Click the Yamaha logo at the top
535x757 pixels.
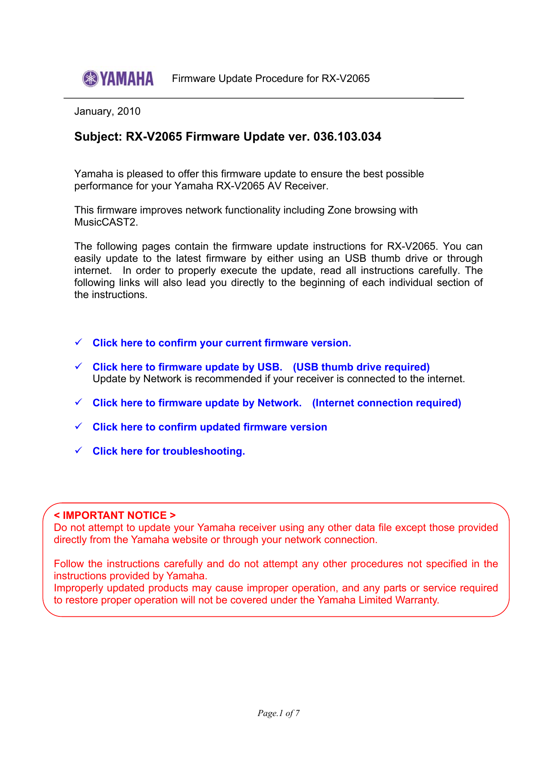tap(118, 79)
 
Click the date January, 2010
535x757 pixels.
tap(107, 111)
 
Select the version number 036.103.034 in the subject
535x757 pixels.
tap(347, 137)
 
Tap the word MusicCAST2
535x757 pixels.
tap(106, 222)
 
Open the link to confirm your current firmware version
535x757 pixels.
tap(222, 343)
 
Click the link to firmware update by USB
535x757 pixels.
tap(187, 367)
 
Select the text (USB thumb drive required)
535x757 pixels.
tap(361, 367)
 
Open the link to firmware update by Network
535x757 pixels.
tap(197, 403)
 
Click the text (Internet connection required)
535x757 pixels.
tap(386, 403)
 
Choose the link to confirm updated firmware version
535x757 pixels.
tap(210, 427)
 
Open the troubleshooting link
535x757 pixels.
tap(169, 451)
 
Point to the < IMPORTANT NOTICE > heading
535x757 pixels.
tap(115, 515)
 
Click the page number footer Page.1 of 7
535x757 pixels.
tap(278, 713)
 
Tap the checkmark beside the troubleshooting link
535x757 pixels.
tap(78, 450)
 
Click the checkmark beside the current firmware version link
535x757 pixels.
tap(78, 342)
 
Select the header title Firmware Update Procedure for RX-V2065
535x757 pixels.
tap(271, 79)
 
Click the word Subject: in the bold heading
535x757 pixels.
tap(98, 137)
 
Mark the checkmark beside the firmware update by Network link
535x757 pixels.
tap(78, 402)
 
